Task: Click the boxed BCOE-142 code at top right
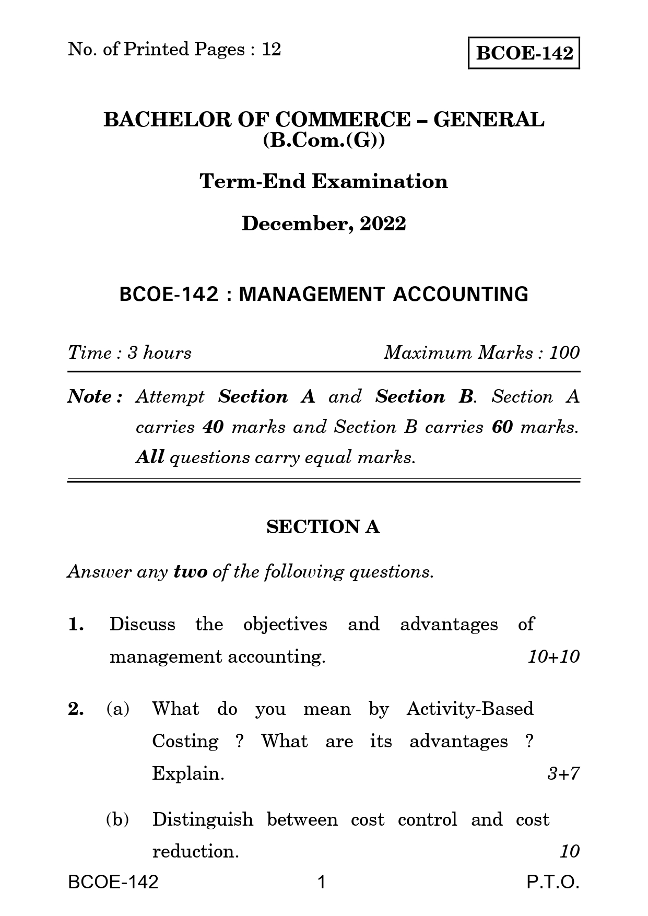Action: (524, 53)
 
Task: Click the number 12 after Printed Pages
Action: (272, 49)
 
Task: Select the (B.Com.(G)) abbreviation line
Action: (324, 141)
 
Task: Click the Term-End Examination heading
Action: (324, 181)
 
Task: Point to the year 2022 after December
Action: (383, 224)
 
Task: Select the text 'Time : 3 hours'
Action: (129, 353)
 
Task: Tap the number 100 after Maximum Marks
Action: (564, 353)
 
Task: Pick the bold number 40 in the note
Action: (213, 427)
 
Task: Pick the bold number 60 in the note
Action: (502, 427)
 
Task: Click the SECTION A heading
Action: (323, 527)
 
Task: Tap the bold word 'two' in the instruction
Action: (191, 572)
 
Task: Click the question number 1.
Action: (76, 625)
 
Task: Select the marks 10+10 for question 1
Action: (553, 656)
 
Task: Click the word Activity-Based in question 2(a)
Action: (469, 709)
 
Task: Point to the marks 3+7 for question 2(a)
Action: (563, 773)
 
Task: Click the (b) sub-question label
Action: (117, 819)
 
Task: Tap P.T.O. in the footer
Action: (553, 883)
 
